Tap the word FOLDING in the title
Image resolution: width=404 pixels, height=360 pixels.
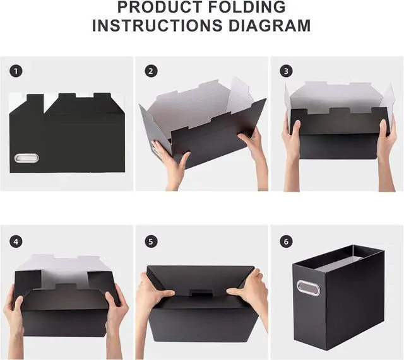pyautogui.click(x=249, y=8)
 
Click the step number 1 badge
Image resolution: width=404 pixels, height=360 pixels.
pyautogui.click(x=15, y=71)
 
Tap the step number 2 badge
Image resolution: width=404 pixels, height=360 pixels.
pyautogui.click(x=151, y=71)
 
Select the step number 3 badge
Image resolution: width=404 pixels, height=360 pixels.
pyautogui.click(x=286, y=71)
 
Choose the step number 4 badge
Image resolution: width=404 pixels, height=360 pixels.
pyautogui.click(x=15, y=241)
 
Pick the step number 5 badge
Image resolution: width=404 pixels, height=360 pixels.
pyautogui.click(x=151, y=241)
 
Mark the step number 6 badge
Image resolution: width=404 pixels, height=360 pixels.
pyautogui.click(x=286, y=241)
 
